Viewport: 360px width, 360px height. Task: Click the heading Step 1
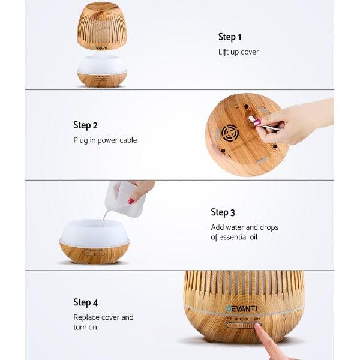[x=230, y=37]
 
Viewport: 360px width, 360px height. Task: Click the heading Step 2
[x=85, y=125]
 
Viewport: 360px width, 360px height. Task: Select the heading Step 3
[x=223, y=212]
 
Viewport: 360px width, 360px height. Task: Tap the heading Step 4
[x=86, y=302]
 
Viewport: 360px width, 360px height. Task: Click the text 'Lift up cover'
[x=238, y=52]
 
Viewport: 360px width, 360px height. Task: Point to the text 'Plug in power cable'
[x=105, y=140]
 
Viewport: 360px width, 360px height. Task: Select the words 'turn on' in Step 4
[x=85, y=327]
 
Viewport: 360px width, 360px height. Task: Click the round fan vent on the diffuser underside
[x=230, y=133]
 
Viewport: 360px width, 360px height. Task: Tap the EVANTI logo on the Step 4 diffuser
[x=242, y=308]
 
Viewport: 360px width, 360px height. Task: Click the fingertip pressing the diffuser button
[x=259, y=328]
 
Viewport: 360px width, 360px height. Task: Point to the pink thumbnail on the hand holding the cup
[x=131, y=201]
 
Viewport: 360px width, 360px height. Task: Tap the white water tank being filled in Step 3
[x=94, y=232]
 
